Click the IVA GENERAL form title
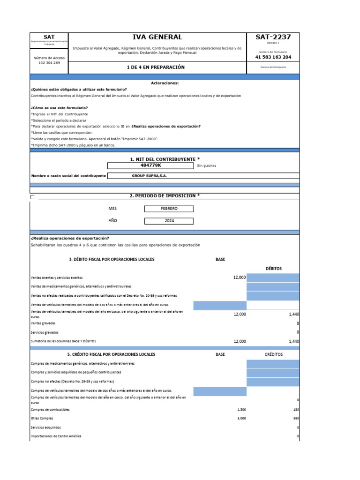pos(157,37)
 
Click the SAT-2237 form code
pos(273,37)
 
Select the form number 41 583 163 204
pos(273,57)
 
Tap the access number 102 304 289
pos(49,63)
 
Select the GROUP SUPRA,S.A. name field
pos(150,176)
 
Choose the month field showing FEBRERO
pos(168,208)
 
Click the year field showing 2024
pos(168,221)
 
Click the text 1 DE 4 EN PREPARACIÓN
pos(156,67)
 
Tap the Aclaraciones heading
pos(165,83)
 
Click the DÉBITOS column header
pos(273,269)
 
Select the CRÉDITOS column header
pos(273,354)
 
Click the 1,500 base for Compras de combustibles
pos(241,409)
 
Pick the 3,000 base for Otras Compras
pos(241,418)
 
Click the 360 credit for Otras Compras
pos(296,418)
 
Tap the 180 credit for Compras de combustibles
pos(296,409)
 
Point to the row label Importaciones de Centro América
pos(56,436)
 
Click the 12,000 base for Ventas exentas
pos(239,277)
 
